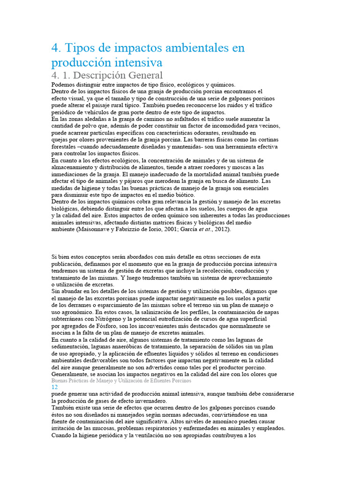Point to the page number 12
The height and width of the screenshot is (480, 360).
click(54, 388)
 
